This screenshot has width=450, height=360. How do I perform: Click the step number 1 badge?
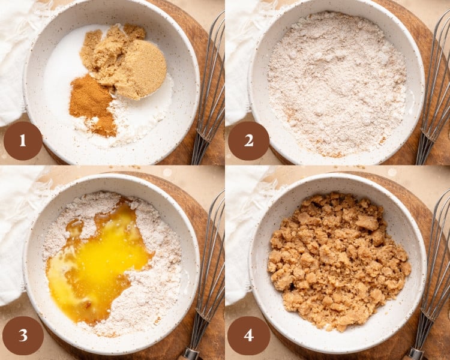coord(23,140)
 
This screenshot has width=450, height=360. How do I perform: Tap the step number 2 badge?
coord(248,140)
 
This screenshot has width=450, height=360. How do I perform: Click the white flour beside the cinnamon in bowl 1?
coord(135,123)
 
